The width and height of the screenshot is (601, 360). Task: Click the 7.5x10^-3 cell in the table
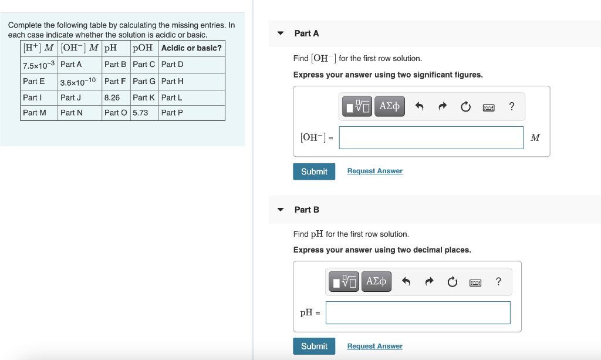pyautogui.click(x=39, y=65)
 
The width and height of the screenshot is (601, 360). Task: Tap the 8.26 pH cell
pyautogui.click(x=112, y=97)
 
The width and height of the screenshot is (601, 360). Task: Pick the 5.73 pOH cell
pyautogui.click(x=141, y=112)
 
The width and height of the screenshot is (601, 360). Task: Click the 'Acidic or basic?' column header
pyautogui.click(x=191, y=48)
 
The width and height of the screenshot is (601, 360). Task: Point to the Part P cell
pyautogui.click(x=172, y=112)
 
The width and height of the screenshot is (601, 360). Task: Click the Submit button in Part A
pyautogui.click(x=314, y=171)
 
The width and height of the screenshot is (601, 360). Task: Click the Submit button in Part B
pyautogui.click(x=314, y=346)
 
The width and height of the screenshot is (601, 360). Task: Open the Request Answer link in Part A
pyautogui.click(x=374, y=171)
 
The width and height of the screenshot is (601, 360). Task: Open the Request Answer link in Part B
pyautogui.click(x=374, y=346)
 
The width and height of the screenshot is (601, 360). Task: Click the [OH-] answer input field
pyautogui.click(x=431, y=138)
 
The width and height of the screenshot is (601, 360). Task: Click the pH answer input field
pyautogui.click(x=418, y=312)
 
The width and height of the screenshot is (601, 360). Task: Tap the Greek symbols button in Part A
pyautogui.click(x=389, y=106)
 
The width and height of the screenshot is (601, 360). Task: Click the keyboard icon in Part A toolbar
pyautogui.click(x=488, y=107)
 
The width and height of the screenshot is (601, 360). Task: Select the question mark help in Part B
pyautogui.click(x=498, y=282)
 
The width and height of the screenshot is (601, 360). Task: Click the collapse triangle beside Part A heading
pyautogui.click(x=281, y=33)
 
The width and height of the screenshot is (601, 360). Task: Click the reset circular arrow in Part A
pyautogui.click(x=465, y=107)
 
